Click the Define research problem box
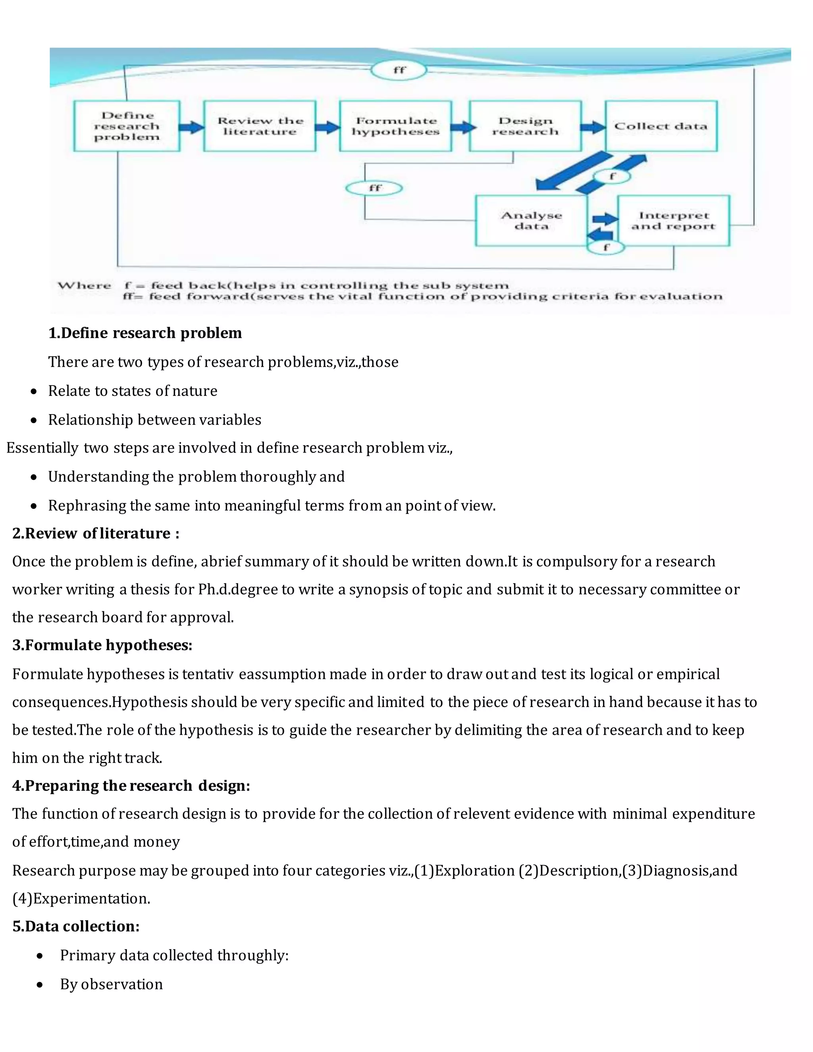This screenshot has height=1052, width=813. click(x=127, y=126)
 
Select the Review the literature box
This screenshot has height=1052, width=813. click(x=260, y=126)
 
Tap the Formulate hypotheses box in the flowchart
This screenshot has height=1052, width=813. click(x=395, y=126)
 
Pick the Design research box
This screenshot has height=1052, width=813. click(x=526, y=126)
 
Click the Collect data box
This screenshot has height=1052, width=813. click(x=661, y=126)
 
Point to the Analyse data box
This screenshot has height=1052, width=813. click(x=531, y=221)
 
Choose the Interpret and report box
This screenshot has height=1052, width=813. click(x=673, y=221)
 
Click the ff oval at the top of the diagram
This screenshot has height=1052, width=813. click(x=399, y=70)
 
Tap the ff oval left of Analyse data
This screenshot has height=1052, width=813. click(x=374, y=188)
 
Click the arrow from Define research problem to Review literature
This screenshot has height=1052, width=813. click(x=192, y=127)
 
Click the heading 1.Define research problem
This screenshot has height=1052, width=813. click(x=145, y=333)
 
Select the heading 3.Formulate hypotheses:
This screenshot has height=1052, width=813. click(x=102, y=645)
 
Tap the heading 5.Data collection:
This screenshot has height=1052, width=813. click(x=76, y=926)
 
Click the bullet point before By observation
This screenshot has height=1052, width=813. click(x=40, y=984)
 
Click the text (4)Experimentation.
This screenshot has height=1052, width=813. click(x=81, y=898)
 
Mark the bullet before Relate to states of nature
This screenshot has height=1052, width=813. click(x=33, y=391)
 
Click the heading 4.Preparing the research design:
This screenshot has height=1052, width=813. click(x=131, y=786)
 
